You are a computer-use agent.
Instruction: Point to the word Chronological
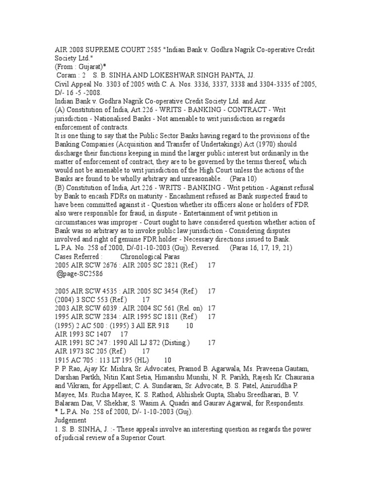click(143, 256)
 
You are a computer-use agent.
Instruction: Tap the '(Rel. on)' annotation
click(186, 308)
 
